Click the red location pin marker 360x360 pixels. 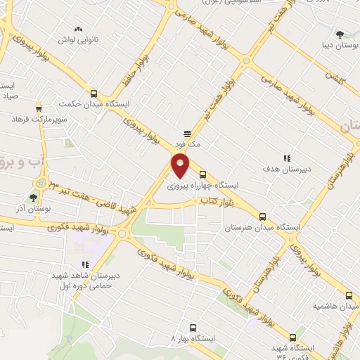click(181, 166)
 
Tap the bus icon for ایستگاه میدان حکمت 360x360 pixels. click(94, 93)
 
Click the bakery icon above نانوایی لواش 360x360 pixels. click(79, 30)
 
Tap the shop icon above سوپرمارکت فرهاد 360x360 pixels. click(39, 108)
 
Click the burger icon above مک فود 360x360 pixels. click(188, 132)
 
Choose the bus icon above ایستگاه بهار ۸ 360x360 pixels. click(193, 327)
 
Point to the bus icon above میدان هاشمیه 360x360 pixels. click(349, 295)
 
